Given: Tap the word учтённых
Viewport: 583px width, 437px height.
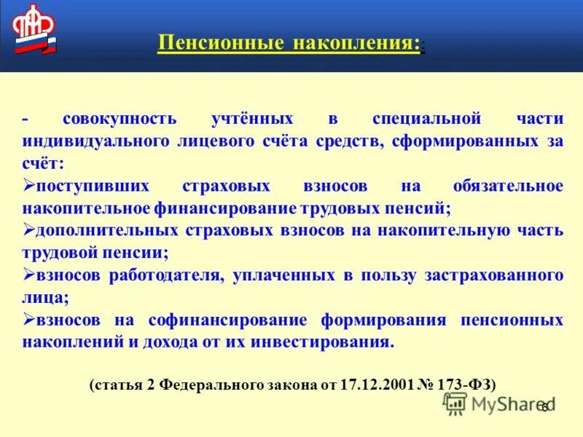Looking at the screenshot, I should pyautogui.click(x=253, y=119).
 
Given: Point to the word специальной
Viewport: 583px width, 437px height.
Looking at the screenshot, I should pyautogui.click(x=426, y=119).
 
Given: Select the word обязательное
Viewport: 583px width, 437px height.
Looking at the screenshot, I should pyautogui.click(x=508, y=186).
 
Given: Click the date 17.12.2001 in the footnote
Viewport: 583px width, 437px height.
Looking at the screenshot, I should pyautogui.click(x=376, y=385).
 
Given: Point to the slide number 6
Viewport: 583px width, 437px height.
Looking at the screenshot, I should pyautogui.click(x=544, y=406).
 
